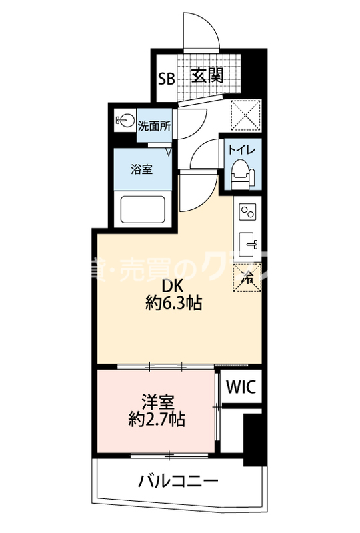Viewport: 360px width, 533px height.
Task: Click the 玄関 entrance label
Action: tap(207, 75)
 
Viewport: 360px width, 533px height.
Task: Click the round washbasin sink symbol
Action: tap(123, 121)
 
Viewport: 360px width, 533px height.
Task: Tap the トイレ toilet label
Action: tap(241, 149)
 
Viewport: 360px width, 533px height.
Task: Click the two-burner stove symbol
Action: tap(247, 213)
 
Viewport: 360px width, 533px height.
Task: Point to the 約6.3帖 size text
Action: tap(173, 305)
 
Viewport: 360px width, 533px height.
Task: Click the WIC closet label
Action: tap(239, 387)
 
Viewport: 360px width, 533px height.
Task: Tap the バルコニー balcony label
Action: tap(179, 480)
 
